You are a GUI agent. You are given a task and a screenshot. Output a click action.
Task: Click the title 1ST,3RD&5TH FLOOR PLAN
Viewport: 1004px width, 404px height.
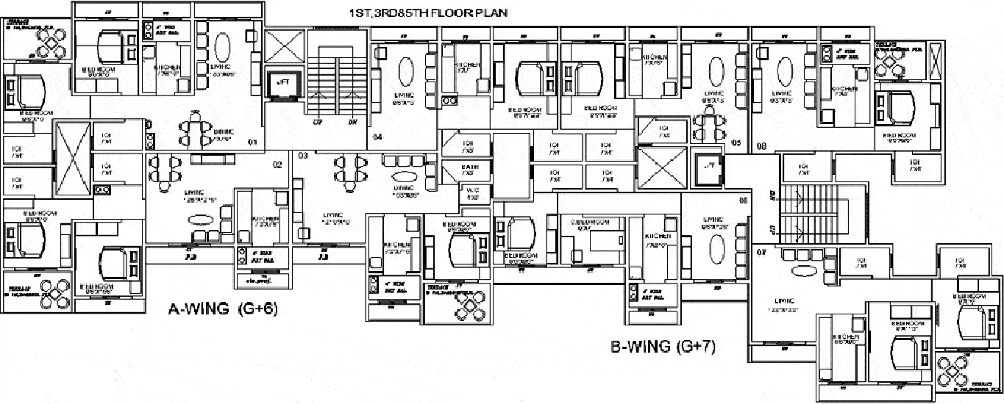click(x=428, y=13)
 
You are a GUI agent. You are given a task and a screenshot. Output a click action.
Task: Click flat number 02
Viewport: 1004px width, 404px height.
click(x=277, y=165)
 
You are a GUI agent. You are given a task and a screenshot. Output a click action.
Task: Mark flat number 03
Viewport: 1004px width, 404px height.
click(x=302, y=156)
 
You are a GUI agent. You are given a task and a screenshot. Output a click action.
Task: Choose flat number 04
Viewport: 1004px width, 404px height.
click(x=377, y=137)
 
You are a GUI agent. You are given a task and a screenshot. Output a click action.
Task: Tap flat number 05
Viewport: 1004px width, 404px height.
click(x=736, y=143)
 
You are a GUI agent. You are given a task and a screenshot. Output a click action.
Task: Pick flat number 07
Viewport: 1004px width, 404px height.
click(x=761, y=252)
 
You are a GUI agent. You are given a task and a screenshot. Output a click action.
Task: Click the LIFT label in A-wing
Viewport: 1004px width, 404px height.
click(x=282, y=83)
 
